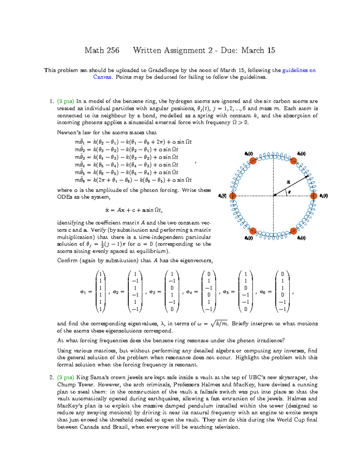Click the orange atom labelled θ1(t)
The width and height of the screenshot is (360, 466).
coord(313,196)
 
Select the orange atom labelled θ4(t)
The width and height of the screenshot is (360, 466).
coord(232,196)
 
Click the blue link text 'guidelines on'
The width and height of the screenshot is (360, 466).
coord(299,70)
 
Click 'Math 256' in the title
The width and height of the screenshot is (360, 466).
coord(102,50)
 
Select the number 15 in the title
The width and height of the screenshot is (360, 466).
coord(271,50)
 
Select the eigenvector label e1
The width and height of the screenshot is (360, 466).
coord(83,292)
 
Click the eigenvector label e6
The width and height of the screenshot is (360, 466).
coord(262,292)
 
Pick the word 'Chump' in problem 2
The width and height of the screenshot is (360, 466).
coord(66,385)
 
